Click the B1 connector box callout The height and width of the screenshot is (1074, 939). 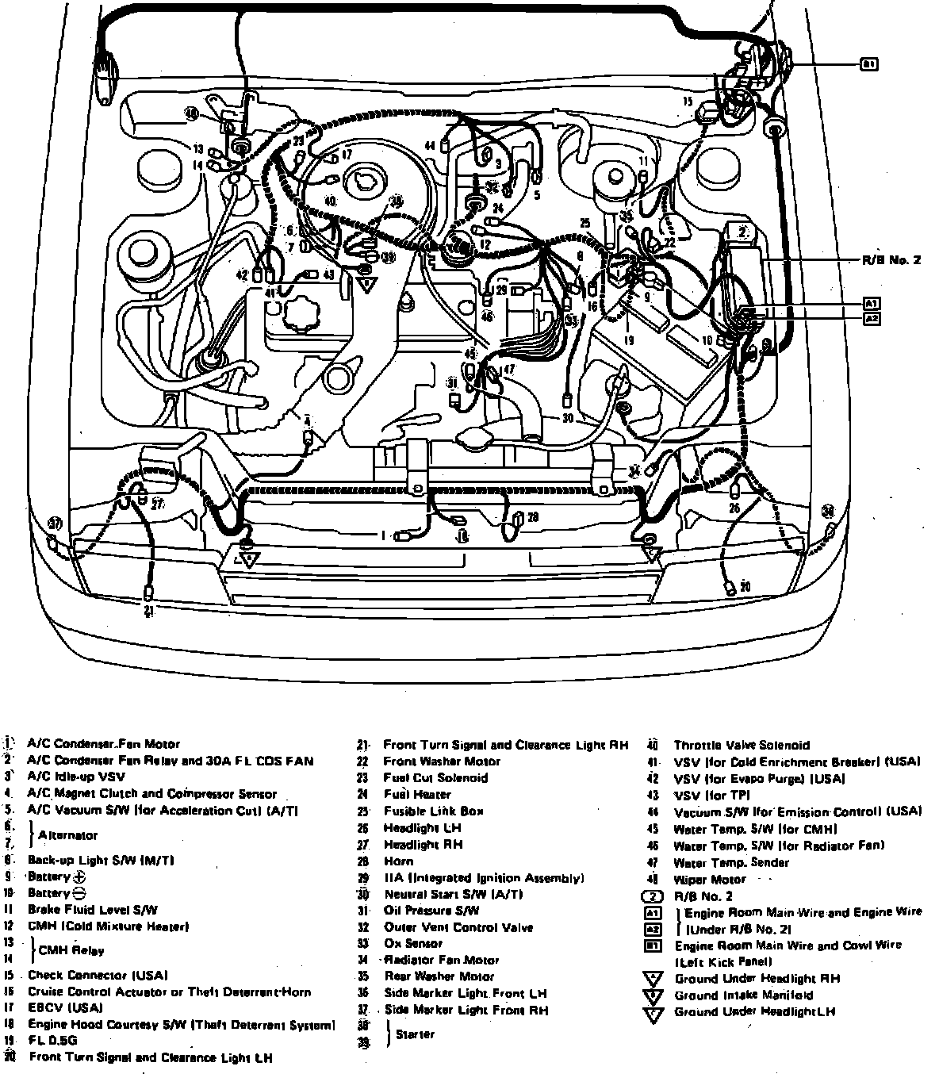pos(869,64)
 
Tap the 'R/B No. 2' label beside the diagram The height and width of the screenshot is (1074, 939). pos(891,259)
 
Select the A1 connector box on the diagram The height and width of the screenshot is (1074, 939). pos(872,303)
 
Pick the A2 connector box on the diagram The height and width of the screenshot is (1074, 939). pos(872,318)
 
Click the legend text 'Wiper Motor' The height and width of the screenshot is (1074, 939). pos(709,879)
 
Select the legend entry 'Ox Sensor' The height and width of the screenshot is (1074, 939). pos(413,944)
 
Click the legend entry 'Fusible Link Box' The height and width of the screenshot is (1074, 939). pos(434,811)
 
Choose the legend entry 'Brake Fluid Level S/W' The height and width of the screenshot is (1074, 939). pos(92,910)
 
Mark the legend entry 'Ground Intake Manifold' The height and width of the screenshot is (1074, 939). pos(743,995)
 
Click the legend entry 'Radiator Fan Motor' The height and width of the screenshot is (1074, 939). pos(441,960)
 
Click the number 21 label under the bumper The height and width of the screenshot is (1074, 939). pos(149,610)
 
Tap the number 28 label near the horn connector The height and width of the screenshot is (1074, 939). pos(533,517)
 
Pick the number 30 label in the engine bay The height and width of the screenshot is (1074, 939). pos(567,417)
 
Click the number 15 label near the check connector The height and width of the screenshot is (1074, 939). pos(687,102)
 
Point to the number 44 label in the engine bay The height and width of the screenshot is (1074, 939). pos(430,146)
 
